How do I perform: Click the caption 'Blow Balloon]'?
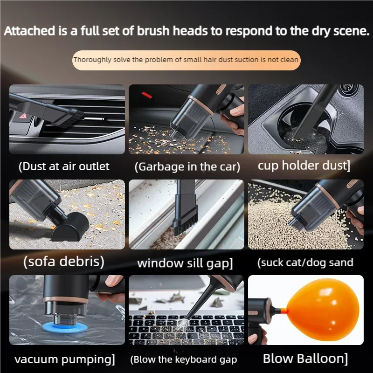point(305,359)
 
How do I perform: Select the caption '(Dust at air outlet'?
point(64,166)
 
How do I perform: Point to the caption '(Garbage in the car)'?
point(187,166)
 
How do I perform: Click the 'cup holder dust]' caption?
point(304,166)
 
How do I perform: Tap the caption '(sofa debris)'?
point(64,262)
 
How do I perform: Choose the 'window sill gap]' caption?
point(185,263)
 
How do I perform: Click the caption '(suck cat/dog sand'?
point(305,262)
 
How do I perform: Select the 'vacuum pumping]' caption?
point(64,359)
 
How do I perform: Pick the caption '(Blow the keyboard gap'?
point(184,359)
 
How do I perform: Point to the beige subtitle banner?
point(186,60)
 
